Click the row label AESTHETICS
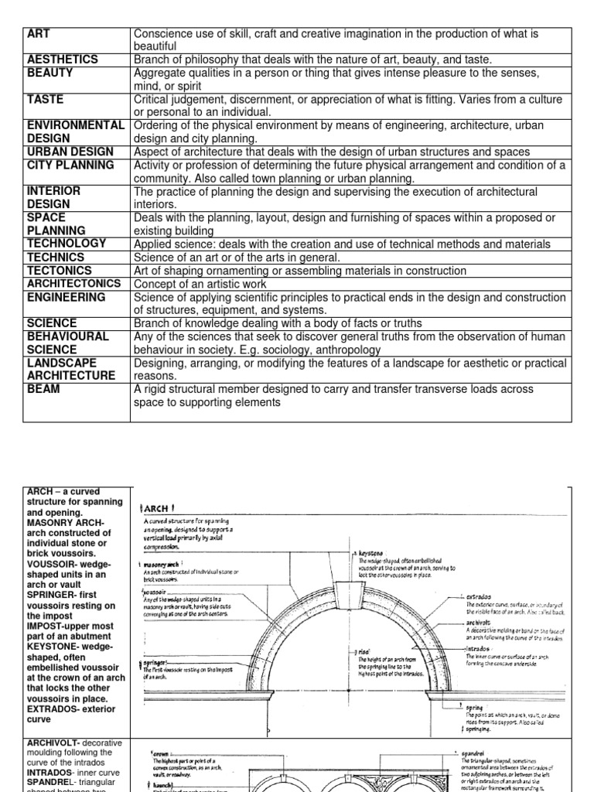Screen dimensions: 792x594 click(x=63, y=60)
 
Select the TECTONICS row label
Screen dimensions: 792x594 click(x=59, y=271)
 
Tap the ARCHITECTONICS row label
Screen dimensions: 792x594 click(x=74, y=284)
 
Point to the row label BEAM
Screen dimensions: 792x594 click(x=43, y=390)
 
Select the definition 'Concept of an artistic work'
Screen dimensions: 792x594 click(x=200, y=284)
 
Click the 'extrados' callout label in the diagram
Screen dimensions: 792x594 click(x=478, y=596)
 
